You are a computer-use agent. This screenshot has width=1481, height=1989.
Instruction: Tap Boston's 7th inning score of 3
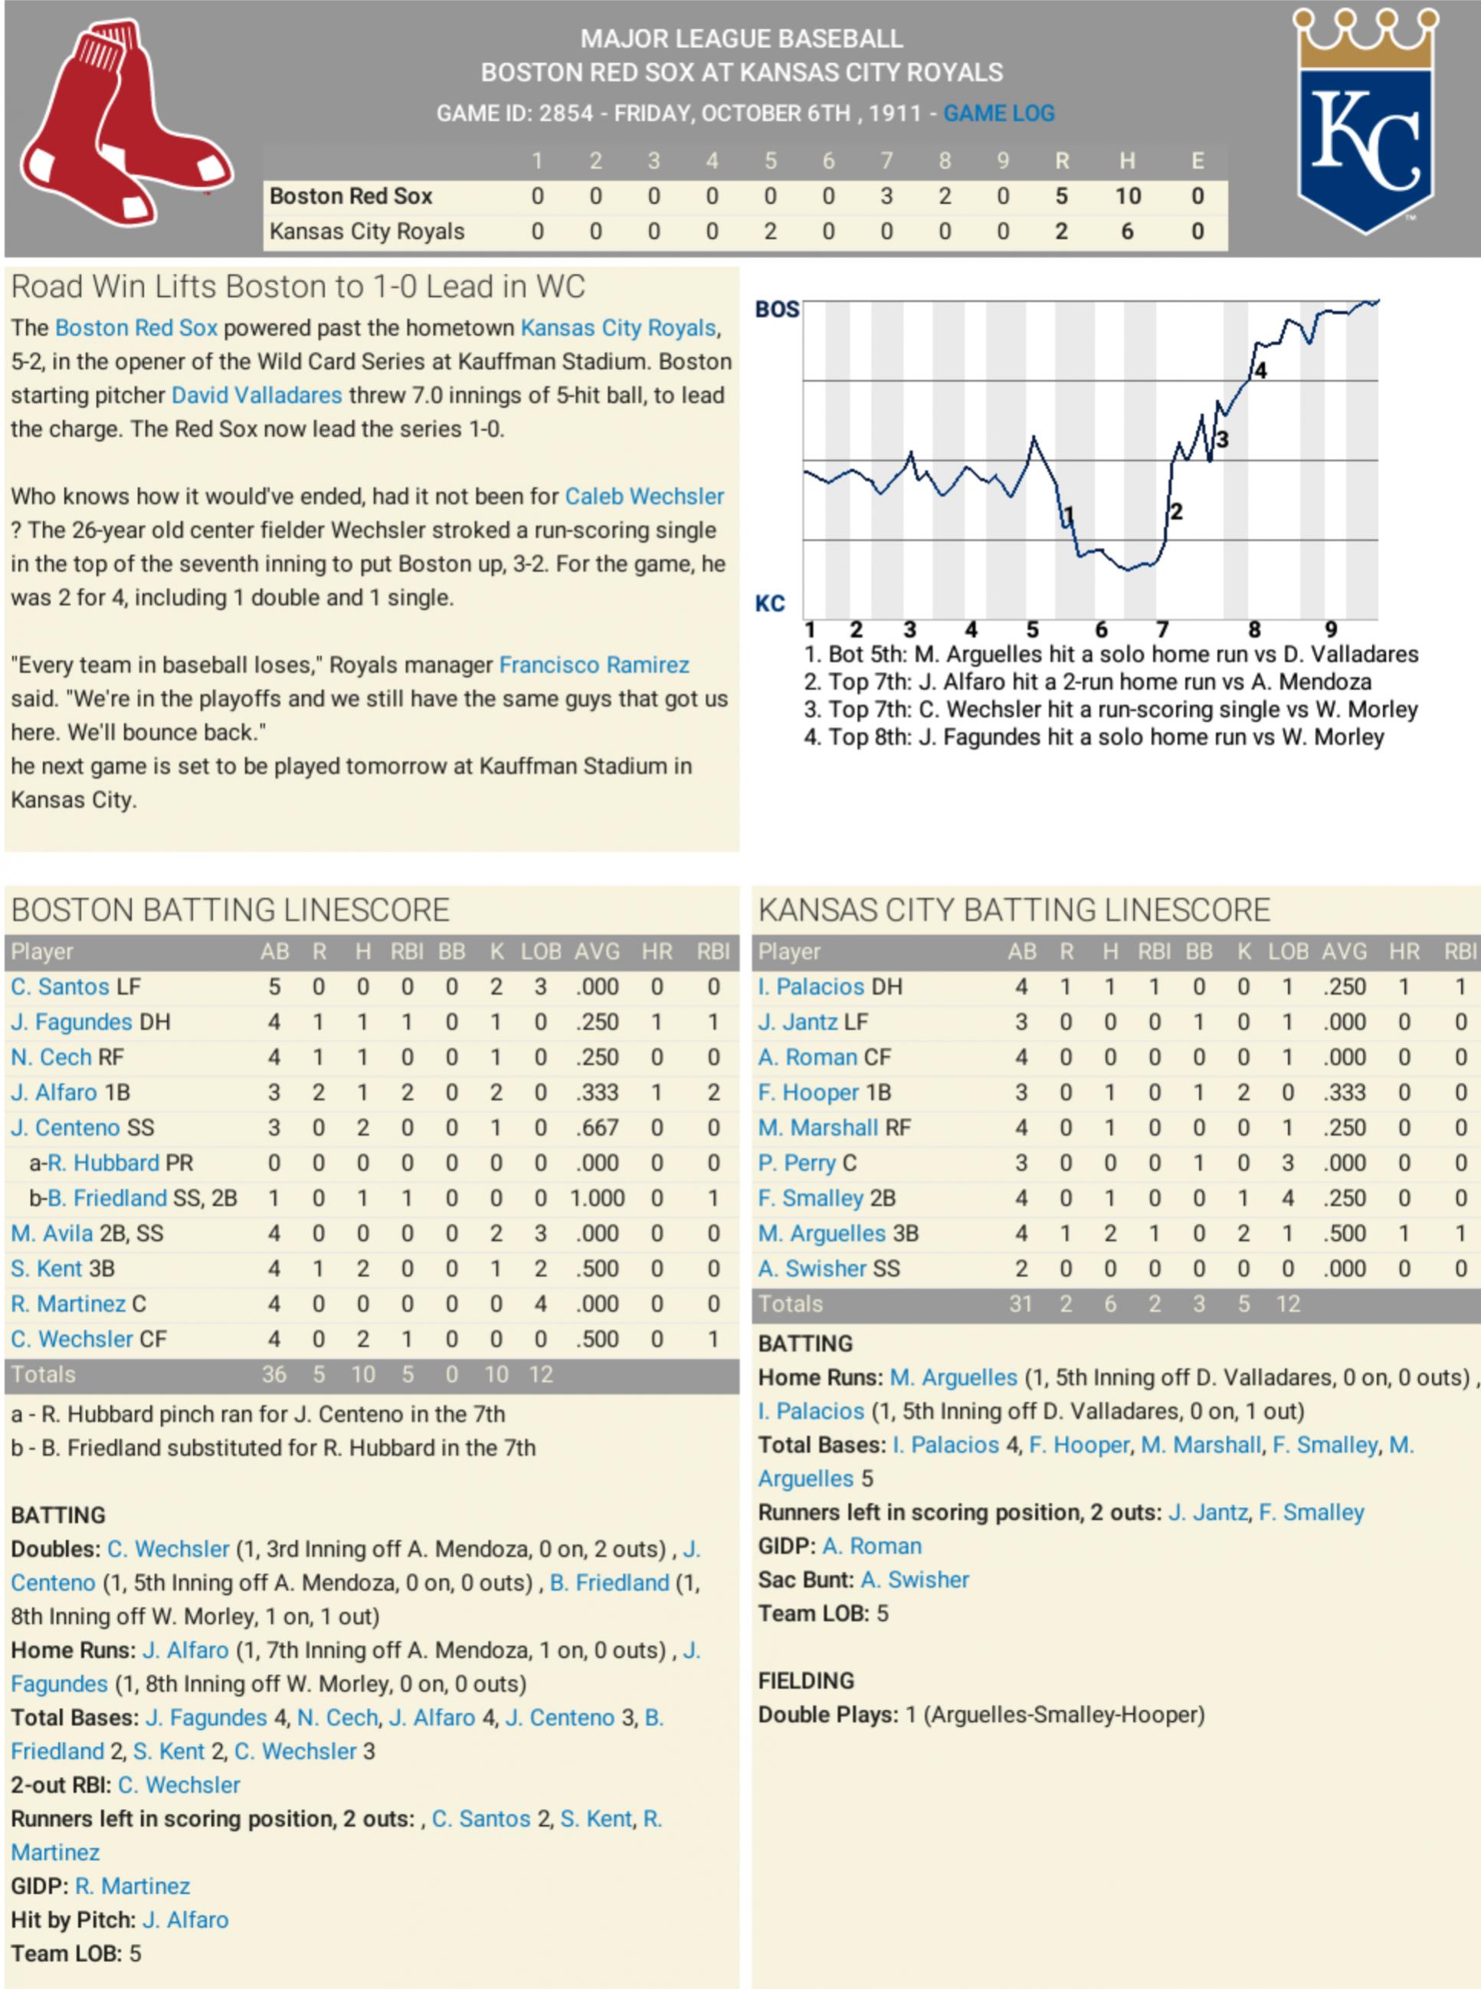pos(886,196)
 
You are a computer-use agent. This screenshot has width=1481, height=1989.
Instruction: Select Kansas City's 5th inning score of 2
pos(769,231)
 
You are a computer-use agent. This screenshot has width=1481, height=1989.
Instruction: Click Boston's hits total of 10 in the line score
pos(1127,196)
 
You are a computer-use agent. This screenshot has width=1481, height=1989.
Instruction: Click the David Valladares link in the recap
pos(257,396)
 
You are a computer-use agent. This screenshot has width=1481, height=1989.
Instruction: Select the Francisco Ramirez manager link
pos(594,665)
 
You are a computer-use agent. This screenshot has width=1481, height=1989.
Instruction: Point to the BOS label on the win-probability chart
pos(776,310)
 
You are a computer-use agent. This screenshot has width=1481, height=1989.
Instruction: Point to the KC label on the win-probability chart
pos(769,603)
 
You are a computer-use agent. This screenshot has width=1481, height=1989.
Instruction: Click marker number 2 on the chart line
pos(1176,512)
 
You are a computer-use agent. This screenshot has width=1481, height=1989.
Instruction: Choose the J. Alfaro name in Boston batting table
pos(54,1092)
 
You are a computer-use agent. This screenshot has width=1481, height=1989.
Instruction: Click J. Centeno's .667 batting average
pos(596,1127)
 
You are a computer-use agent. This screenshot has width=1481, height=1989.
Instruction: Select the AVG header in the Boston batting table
pos(596,951)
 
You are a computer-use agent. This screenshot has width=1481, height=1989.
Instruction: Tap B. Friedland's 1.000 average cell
pos(596,1198)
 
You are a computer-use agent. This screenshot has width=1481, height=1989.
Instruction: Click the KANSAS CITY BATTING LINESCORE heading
pos(1013,911)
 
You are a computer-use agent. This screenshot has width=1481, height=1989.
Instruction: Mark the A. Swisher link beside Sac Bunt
pos(914,1579)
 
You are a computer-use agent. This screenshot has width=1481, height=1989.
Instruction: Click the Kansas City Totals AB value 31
pos(1021,1304)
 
